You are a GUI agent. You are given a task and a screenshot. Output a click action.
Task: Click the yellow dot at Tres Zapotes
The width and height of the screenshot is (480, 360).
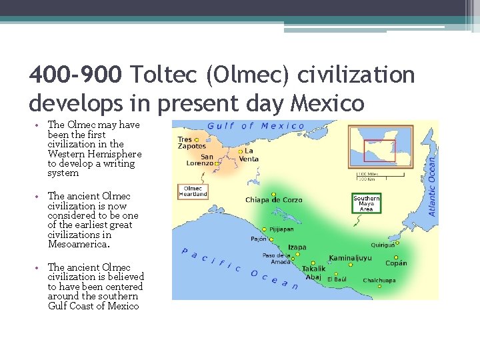pos(197,140)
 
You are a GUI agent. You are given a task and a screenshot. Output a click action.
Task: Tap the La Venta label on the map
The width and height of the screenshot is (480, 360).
pos(249,155)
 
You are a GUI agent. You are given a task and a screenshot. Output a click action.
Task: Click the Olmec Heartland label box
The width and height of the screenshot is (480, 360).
pos(193,191)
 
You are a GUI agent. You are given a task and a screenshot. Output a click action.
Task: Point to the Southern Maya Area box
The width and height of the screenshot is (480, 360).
pos(366,203)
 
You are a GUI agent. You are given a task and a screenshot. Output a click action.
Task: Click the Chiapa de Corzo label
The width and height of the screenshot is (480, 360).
pos(273,200)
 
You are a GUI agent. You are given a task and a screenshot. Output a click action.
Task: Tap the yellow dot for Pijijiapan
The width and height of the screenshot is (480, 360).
pos(265,229)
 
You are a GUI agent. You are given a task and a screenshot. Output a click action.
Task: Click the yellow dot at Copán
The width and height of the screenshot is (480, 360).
pos(396,257)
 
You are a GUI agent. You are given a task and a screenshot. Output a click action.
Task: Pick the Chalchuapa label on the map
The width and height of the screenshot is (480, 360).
pos(379,280)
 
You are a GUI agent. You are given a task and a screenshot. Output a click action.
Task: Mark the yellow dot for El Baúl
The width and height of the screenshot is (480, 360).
pos(336,273)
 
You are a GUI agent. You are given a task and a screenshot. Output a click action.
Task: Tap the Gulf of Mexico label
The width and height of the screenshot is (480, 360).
pos(256,126)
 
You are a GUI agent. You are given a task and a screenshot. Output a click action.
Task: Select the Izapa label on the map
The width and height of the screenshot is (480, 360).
pos(297,247)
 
